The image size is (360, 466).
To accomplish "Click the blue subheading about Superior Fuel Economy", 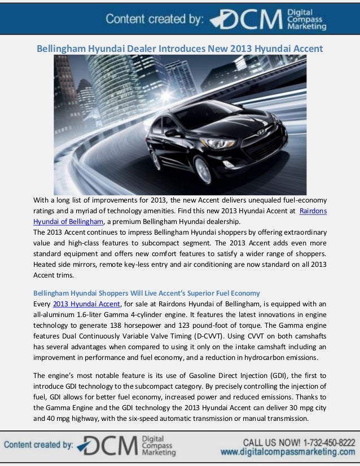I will click(x=147, y=293).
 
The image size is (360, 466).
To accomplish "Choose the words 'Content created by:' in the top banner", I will click(x=153, y=20).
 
